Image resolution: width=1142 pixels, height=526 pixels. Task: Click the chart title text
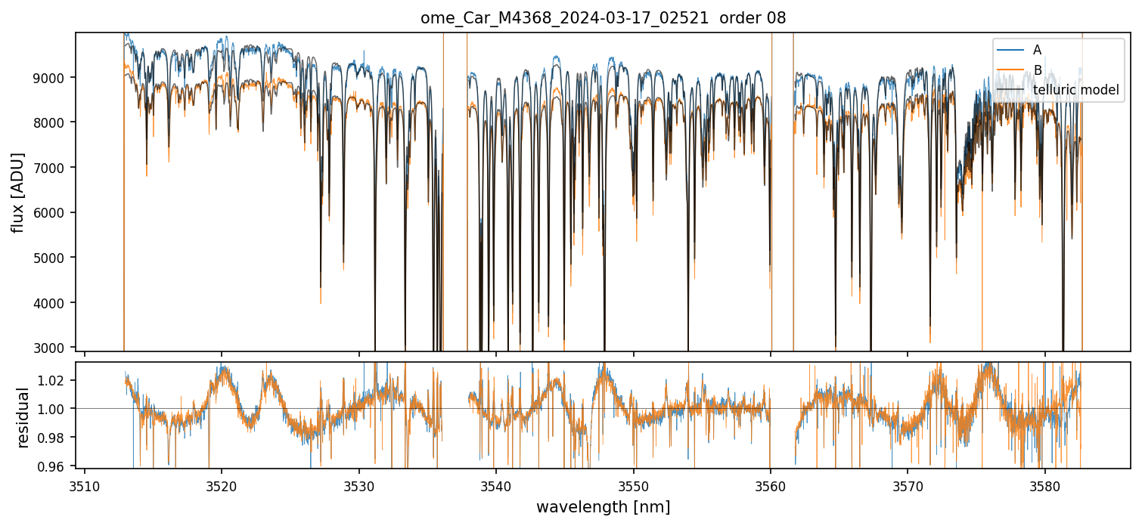tap(603, 18)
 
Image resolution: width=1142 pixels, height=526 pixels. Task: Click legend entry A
tap(1037, 50)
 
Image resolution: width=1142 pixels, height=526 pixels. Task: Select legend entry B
tap(1037, 70)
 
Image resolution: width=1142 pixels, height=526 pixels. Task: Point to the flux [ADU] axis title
tap(17, 192)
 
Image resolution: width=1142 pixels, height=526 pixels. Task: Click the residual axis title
tap(23, 417)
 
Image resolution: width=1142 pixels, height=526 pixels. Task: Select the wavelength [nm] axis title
tap(603, 507)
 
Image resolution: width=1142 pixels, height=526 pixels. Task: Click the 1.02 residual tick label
tap(54, 380)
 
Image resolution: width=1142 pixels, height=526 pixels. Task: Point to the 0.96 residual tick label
tap(54, 466)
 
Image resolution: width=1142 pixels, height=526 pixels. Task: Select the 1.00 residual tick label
tap(54, 409)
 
